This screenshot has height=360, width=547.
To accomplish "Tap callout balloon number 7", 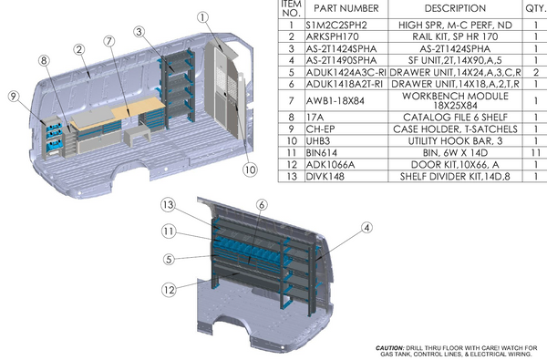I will [x=108, y=41].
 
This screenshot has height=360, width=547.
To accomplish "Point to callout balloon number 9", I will [x=13, y=95].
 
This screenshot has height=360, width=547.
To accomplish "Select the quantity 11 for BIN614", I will [x=530, y=156].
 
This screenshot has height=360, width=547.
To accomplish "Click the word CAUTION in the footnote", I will [x=393, y=348].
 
